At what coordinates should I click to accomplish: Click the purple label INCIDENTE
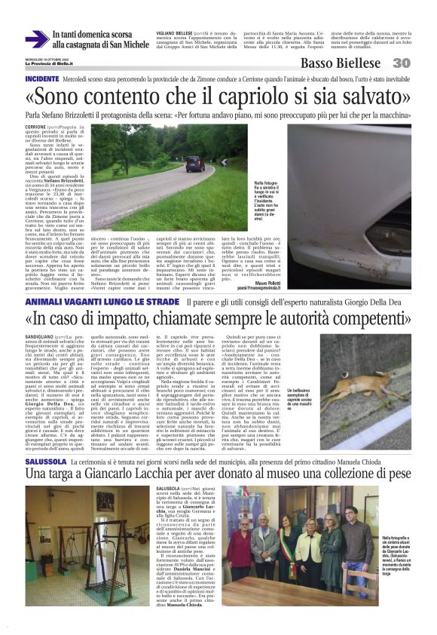43,78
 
